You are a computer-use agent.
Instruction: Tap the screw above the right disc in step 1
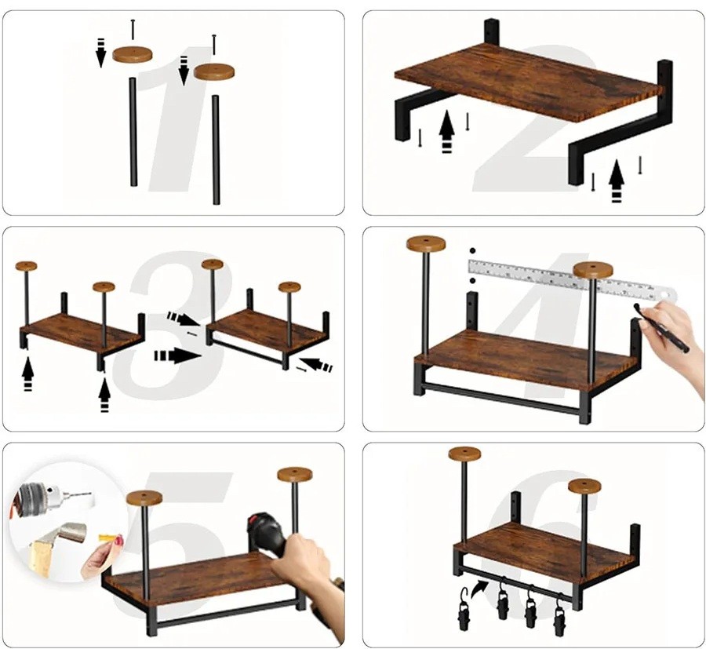coord(214,45)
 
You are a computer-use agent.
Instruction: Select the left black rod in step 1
coord(133,132)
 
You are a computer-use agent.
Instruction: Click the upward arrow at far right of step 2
coord(617,181)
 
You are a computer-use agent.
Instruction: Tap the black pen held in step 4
coord(661,327)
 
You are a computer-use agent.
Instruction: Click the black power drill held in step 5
coord(266,536)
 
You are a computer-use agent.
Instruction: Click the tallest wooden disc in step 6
coord(464,454)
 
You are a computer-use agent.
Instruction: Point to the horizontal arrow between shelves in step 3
coord(177,355)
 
